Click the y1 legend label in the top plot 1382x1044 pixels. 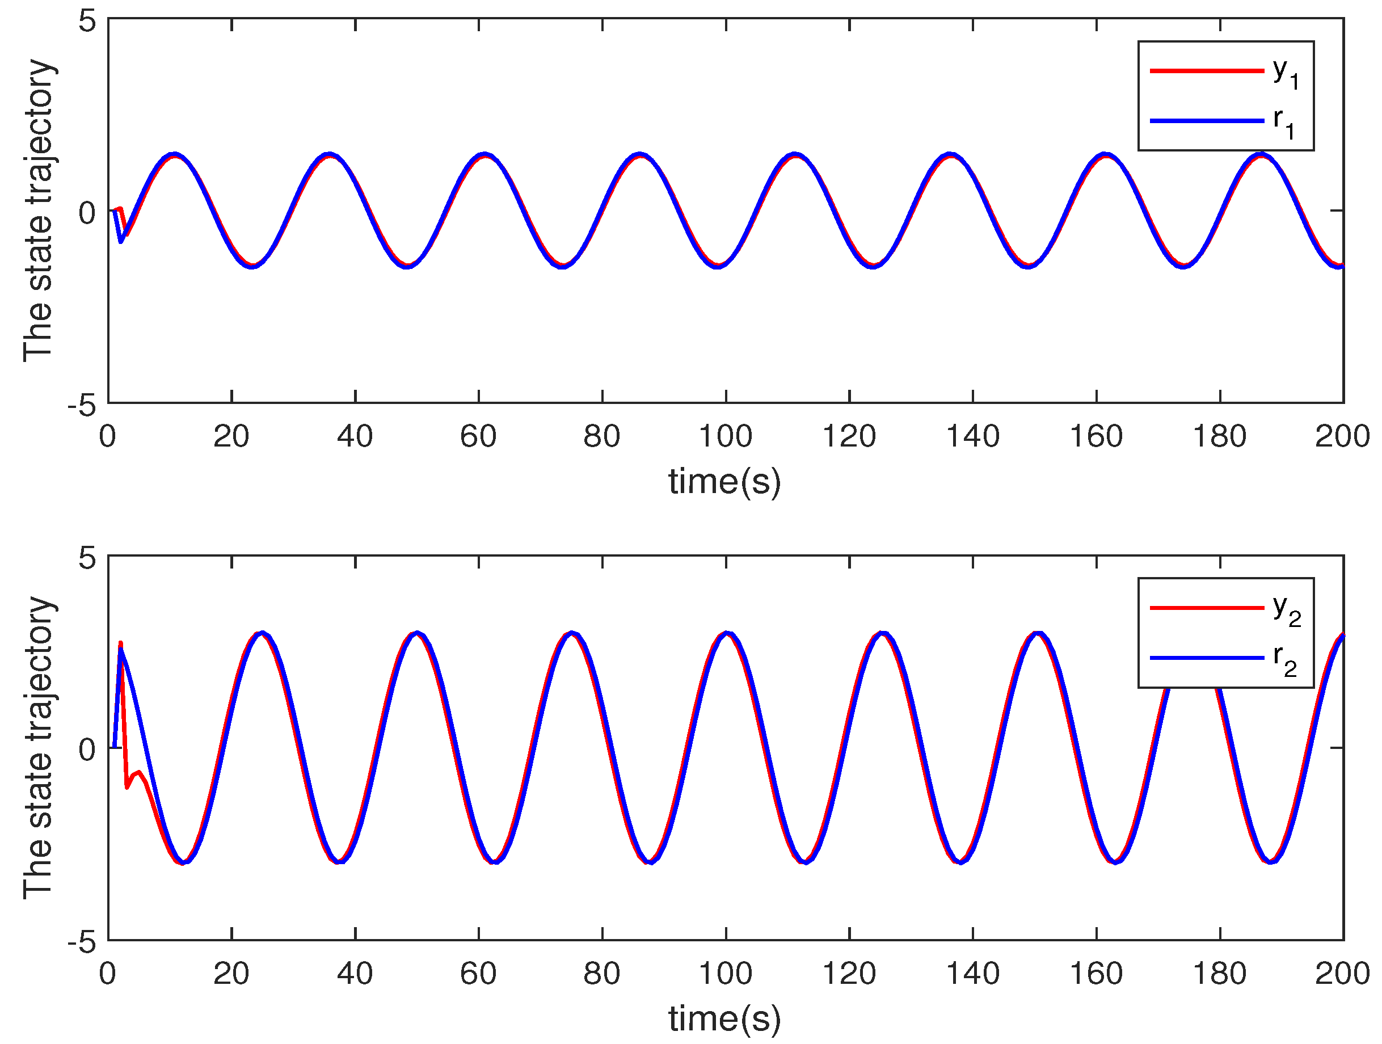coord(1286,73)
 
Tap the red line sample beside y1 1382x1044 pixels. coord(1207,70)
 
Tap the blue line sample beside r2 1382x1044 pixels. coord(1207,658)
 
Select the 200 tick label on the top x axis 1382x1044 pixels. coord(1342,436)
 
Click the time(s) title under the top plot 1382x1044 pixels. coord(724,482)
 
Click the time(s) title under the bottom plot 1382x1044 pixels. coord(724,1018)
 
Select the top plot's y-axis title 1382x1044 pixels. coord(39,211)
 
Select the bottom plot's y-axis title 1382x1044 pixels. coord(39,748)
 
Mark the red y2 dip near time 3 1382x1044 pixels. coord(128,787)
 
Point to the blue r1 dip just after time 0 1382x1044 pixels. coord(121,241)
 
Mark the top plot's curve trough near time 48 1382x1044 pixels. coord(407,266)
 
